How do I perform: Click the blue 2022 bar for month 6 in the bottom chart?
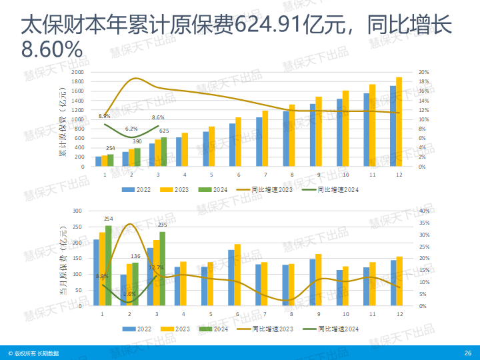point(231,278)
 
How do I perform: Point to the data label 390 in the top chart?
point(137,141)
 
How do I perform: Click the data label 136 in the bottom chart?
point(135,256)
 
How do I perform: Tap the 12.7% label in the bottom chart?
point(156,267)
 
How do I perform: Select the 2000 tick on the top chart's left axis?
point(78,72)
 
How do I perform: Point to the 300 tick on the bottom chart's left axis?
point(77,211)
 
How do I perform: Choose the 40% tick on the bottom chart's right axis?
point(424,211)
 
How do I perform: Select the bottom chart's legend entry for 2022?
point(137,329)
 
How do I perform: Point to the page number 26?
point(467,353)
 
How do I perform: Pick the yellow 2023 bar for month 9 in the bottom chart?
point(318,280)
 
